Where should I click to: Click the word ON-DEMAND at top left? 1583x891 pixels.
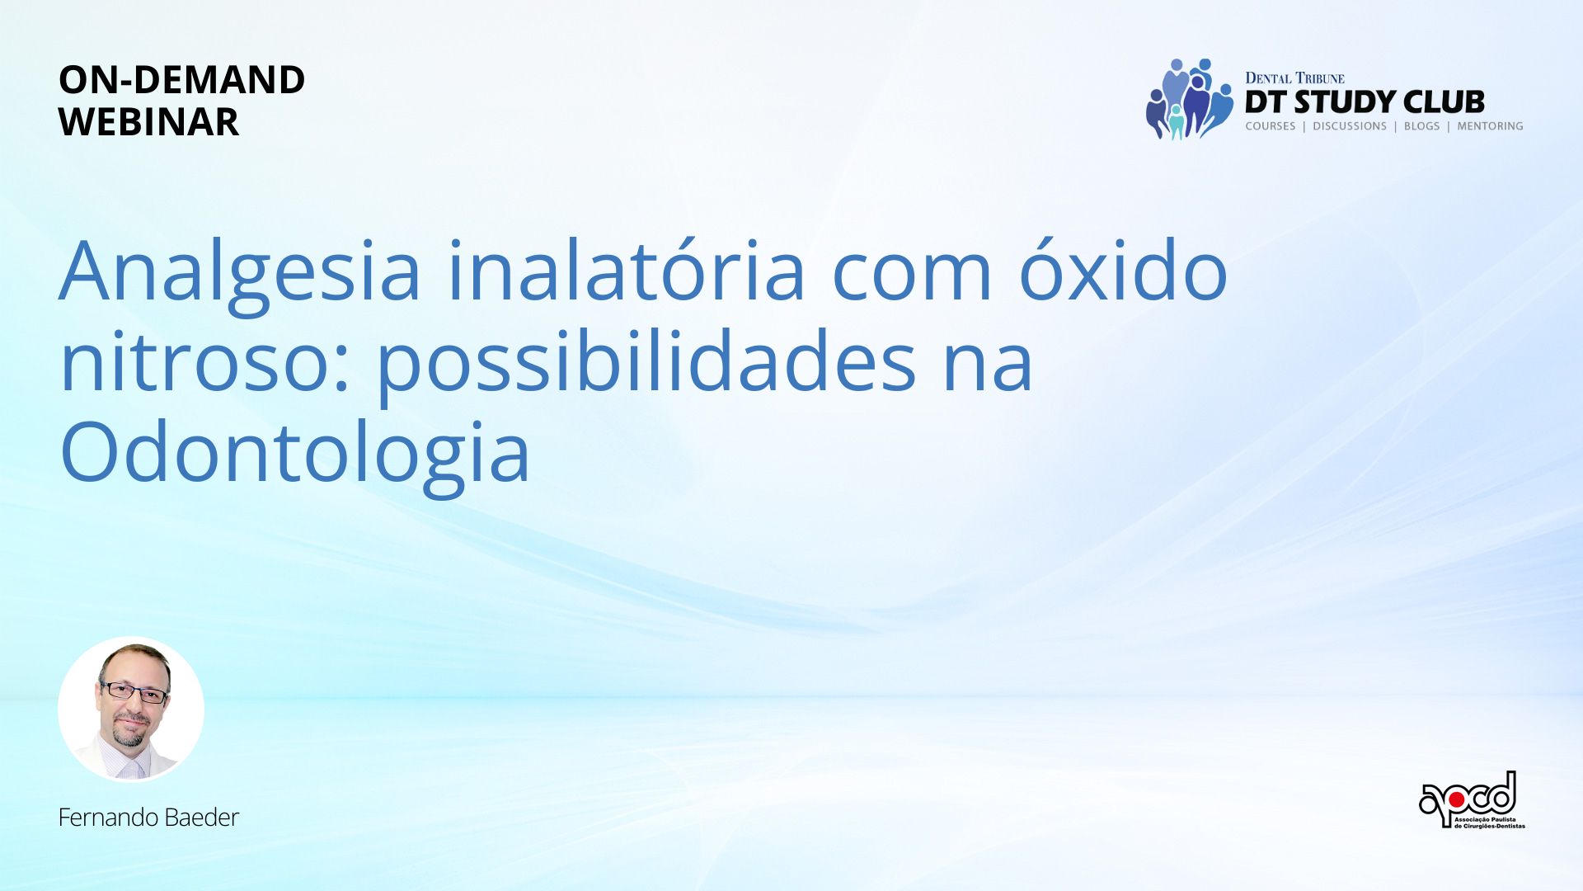[x=182, y=80]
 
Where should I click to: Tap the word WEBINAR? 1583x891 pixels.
[x=148, y=122]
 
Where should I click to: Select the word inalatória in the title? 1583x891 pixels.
[x=626, y=271]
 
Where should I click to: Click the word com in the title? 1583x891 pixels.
[x=911, y=278]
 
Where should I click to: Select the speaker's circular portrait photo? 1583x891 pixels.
[x=131, y=709]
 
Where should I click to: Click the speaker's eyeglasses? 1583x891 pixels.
[x=134, y=691]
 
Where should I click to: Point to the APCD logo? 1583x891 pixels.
[x=1472, y=800]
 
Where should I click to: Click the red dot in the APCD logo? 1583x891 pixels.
[x=1457, y=799]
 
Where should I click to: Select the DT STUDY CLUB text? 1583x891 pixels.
[x=1365, y=102]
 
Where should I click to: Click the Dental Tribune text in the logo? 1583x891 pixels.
[x=1294, y=78]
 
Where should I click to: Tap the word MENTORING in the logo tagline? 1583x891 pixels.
[x=1490, y=126]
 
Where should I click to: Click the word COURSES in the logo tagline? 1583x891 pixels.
[x=1271, y=126]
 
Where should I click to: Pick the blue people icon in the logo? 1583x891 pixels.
[x=1190, y=99]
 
